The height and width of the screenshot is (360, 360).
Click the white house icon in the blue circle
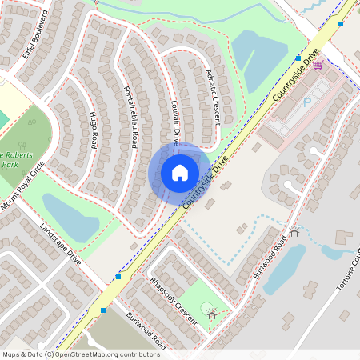[179, 172]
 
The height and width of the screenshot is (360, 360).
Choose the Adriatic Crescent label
[212, 95]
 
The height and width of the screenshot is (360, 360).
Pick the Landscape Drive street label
[60, 244]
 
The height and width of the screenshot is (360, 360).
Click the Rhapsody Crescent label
[173, 299]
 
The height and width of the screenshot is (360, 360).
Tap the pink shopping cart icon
[318, 64]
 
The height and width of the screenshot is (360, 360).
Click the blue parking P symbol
[306, 102]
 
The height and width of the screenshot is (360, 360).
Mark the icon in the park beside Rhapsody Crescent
[211, 314]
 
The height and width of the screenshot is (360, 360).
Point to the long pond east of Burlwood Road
[284, 267]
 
